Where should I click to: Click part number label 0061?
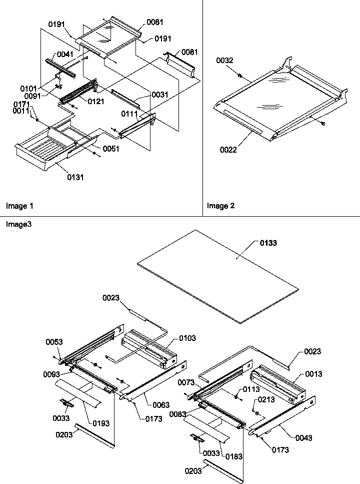point(155,23)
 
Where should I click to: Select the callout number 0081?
point(189,52)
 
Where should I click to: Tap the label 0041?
point(65,55)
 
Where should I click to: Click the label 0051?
point(111,149)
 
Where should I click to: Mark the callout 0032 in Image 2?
point(224,61)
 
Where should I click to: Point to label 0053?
point(54,342)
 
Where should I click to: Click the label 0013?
point(314,374)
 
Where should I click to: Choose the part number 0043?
point(304,438)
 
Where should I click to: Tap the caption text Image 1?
point(19,206)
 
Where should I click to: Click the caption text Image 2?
point(221,206)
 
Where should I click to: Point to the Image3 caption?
point(18,225)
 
